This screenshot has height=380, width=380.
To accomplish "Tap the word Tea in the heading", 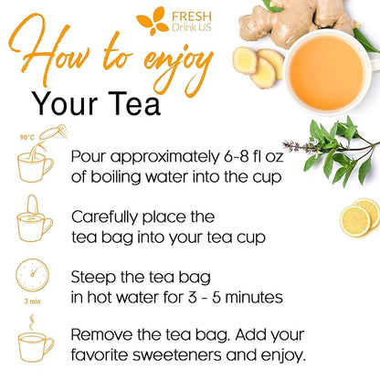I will [132, 105].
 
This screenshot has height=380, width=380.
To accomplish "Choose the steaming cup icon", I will [35, 343].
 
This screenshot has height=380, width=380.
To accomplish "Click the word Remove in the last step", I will [104, 333].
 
